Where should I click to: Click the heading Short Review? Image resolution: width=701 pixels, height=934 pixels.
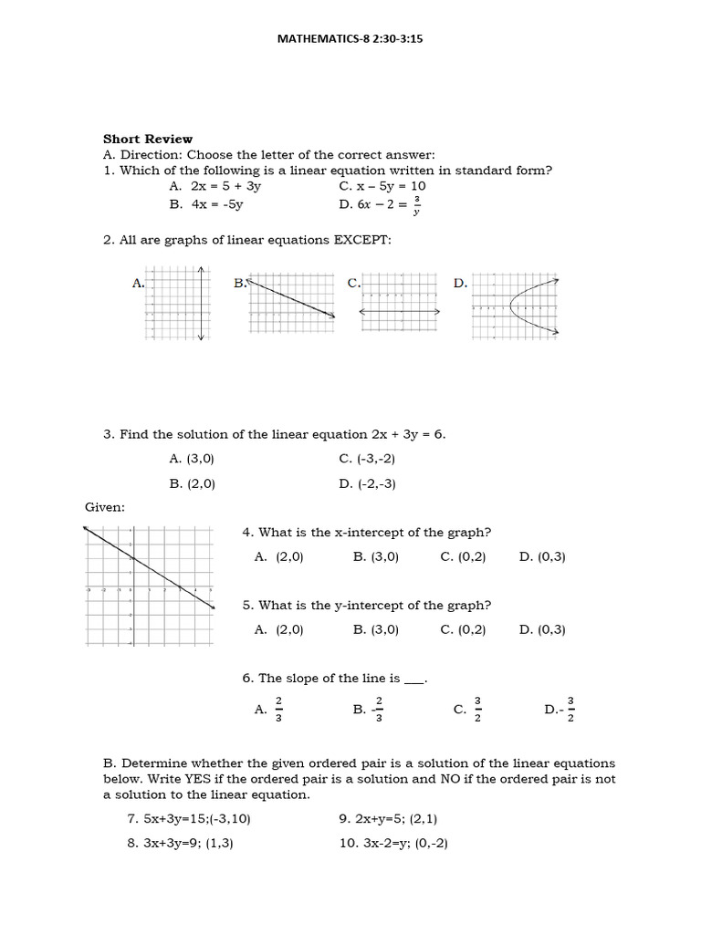tap(147, 139)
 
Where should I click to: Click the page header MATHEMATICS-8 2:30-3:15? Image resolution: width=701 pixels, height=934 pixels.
tap(350, 40)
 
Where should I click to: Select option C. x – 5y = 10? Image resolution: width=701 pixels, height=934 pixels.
tap(382, 185)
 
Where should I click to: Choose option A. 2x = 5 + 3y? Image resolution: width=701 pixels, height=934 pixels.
tap(215, 185)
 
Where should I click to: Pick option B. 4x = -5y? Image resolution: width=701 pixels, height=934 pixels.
tap(206, 204)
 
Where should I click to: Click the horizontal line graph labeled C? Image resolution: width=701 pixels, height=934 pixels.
tap(400, 305)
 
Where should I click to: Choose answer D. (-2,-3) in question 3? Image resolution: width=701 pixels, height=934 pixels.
tap(367, 483)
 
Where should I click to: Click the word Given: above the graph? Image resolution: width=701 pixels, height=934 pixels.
tap(105, 506)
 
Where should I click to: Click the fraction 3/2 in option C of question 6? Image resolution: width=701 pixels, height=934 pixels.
tap(477, 709)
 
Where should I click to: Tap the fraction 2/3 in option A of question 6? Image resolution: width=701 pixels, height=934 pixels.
tap(279, 709)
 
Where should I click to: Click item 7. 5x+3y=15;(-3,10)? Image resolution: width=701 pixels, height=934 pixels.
tap(188, 818)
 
